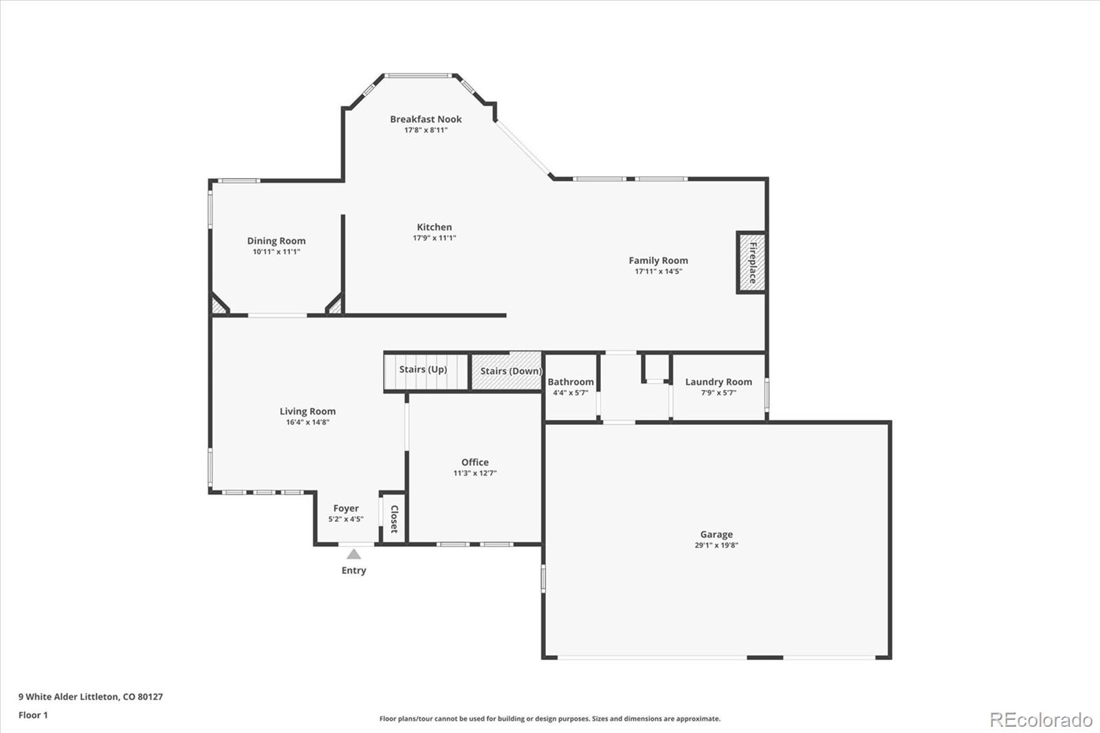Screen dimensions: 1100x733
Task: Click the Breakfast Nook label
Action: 426,119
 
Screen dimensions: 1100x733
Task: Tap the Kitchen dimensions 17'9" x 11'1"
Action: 434,238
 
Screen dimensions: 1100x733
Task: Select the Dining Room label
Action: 276,241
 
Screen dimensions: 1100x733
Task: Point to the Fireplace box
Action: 751,263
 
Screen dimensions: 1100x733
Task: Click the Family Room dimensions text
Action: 658,271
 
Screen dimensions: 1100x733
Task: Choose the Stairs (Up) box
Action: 426,372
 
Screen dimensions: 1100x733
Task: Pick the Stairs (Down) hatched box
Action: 507,371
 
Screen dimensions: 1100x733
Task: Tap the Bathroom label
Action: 571,382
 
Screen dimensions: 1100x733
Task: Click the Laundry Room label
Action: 718,382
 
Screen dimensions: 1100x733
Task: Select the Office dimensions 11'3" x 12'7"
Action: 475,473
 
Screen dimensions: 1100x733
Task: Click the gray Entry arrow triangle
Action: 353,554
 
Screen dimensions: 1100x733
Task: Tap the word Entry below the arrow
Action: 353,571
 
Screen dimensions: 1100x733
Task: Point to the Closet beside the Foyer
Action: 393,518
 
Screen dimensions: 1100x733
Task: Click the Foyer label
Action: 346,508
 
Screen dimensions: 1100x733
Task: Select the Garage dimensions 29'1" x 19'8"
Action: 716,545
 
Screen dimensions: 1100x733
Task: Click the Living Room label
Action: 307,411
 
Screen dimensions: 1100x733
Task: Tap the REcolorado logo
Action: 1041,720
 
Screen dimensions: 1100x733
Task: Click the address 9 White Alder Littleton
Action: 69,697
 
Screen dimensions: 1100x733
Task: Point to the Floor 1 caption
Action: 33,715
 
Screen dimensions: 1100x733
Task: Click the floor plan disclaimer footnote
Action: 549,719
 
